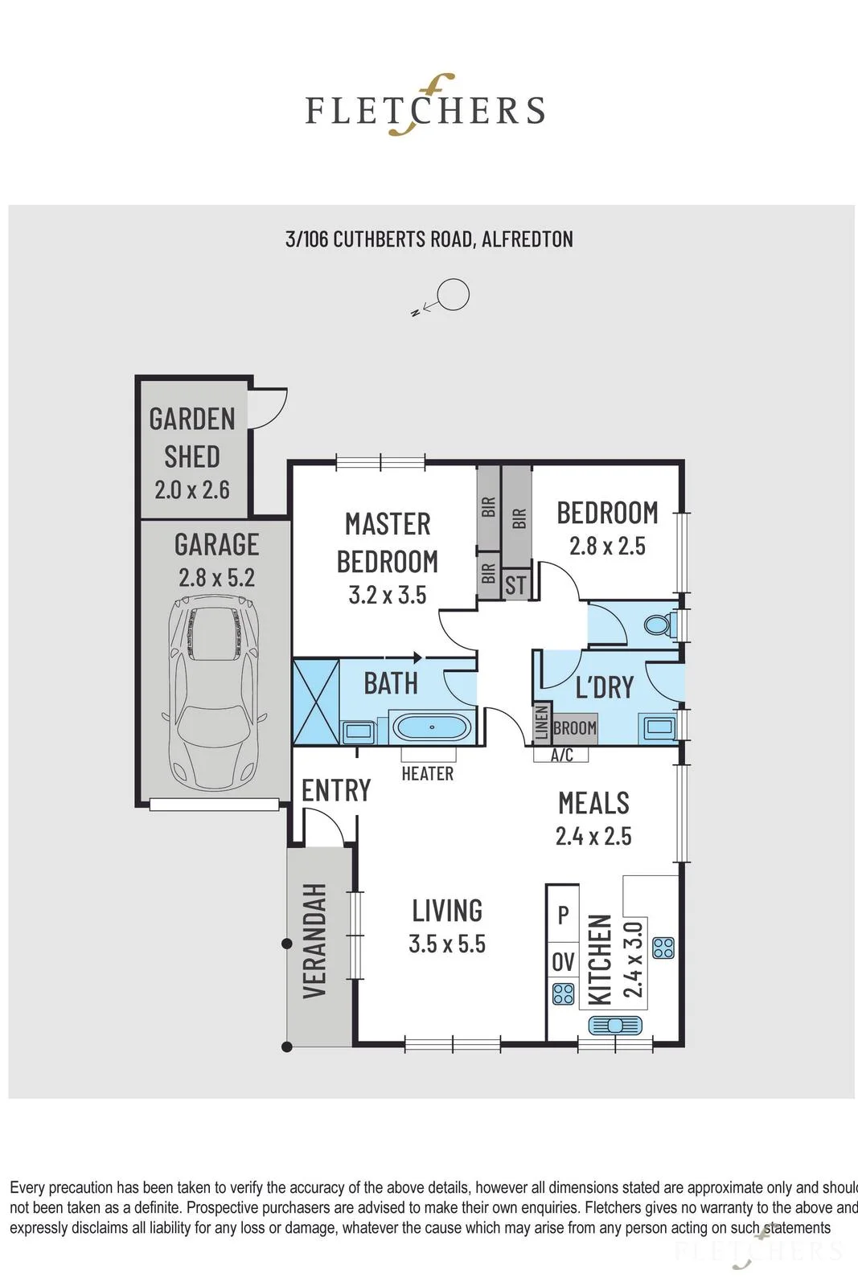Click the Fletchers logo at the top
[x=425, y=106]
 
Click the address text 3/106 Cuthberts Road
[x=380, y=239]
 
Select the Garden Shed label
[x=192, y=437]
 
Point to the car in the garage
[x=214, y=694]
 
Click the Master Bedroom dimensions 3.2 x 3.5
[x=388, y=595]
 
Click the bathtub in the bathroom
[x=432, y=727]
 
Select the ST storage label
[x=515, y=585]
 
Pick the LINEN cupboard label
[x=542, y=723]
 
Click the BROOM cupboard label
[x=575, y=728]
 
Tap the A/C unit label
[x=561, y=755]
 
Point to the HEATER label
[x=427, y=773]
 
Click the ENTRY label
[x=337, y=791]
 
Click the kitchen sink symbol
[x=615, y=1025]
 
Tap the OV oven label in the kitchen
[x=563, y=961]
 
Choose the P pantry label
[x=564, y=915]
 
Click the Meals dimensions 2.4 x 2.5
[x=593, y=836]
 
